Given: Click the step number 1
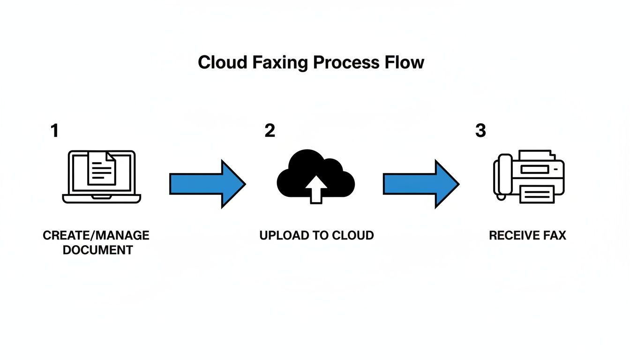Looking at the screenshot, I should click(x=55, y=131).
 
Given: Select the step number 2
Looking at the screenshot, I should click(x=270, y=131).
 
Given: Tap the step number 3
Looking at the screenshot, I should click(x=480, y=131).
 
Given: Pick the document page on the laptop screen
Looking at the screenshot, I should click(x=102, y=168).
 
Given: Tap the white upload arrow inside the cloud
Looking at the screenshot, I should click(x=316, y=190).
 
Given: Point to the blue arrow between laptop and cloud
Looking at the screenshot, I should click(x=207, y=184).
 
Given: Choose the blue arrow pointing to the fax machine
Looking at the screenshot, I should click(x=420, y=184).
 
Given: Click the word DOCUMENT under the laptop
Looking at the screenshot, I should click(x=97, y=250).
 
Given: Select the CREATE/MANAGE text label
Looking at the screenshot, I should click(x=96, y=235).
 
